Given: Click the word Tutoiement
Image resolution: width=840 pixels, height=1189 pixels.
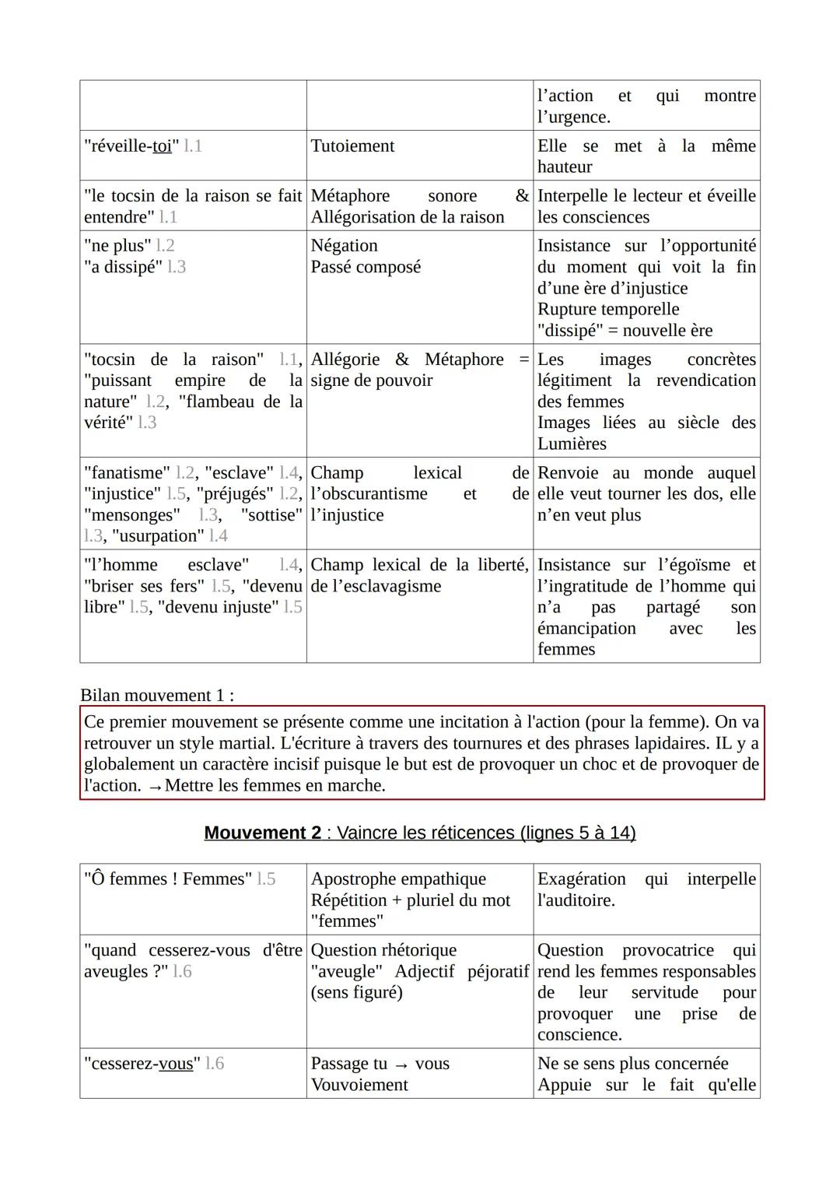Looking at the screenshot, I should (x=352, y=146).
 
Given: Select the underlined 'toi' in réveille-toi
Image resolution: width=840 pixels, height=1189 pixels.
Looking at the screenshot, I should (x=162, y=146).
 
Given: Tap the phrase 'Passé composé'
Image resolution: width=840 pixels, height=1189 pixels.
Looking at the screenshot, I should (x=366, y=267).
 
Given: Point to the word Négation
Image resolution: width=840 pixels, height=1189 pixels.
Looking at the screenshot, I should (x=344, y=246).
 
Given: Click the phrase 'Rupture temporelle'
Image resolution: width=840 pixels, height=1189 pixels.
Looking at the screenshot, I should (x=608, y=309).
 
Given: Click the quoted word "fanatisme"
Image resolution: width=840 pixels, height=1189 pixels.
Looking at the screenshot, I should (x=127, y=473).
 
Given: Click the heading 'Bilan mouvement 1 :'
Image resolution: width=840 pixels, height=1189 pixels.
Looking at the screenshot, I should (x=157, y=695).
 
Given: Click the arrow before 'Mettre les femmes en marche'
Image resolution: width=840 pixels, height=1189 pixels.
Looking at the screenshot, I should (x=155, y=787).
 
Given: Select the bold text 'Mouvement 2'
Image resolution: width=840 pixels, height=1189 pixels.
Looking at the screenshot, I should (x=262, y=833).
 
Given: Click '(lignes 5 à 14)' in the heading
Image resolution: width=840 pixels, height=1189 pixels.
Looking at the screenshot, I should (x=578, y=833).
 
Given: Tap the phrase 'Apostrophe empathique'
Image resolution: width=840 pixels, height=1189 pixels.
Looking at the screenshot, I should (x=398, y=879).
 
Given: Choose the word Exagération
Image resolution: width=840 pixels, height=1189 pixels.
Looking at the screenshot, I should (x=581, y=879).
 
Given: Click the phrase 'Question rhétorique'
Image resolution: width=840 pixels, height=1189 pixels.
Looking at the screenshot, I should (x=383, y=951).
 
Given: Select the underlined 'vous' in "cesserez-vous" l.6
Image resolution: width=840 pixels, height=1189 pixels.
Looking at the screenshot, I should (x=176, y=1064).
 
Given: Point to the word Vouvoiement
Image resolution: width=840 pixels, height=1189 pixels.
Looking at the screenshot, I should (x=359, y=1085).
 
